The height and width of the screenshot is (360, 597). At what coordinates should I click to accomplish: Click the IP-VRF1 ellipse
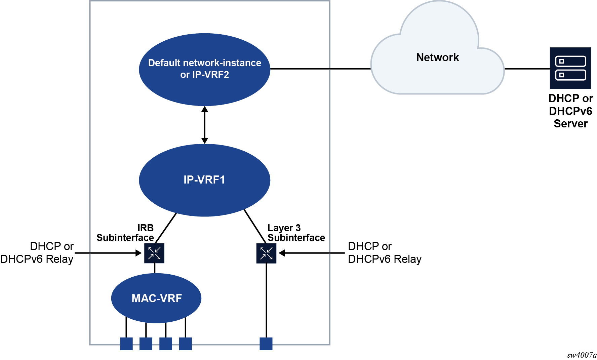(x=204, y=180)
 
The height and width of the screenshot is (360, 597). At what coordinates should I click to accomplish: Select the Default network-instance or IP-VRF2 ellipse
(x=204, y=69)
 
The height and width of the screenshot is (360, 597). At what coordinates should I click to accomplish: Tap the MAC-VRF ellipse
(x=156, y=298)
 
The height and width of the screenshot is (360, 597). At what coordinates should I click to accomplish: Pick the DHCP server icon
(x=570, y=68)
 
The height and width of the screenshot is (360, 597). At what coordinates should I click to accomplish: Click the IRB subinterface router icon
(x=154, y=253)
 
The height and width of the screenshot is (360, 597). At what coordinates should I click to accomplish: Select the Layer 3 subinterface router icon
(x=266, y=253)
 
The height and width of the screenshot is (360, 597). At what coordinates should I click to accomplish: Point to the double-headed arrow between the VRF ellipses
(x=204, y=125)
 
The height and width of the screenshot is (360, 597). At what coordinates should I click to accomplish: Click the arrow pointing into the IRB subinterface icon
(x=108, y=253)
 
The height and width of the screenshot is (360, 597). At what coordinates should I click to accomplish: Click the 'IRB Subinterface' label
(x=125, y=233)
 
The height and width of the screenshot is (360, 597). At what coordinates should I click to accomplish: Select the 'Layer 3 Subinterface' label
(x=296, y=233)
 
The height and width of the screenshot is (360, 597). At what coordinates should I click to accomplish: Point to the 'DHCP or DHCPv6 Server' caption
(x=570, y=111)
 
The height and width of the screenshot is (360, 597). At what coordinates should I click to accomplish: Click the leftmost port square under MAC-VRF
(x=126, y=344)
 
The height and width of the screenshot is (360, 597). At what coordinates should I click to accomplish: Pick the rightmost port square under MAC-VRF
(x=186, y=344)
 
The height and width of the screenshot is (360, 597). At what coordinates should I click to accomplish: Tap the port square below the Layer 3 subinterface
(x=266, y=344)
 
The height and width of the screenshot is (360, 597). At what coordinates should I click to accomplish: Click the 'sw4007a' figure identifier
(x=582, y=355)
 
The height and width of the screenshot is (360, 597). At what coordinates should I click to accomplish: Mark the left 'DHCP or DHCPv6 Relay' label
(x=37, y=253)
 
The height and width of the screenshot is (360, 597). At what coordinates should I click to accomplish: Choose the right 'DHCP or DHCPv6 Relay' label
(x=385, y=253)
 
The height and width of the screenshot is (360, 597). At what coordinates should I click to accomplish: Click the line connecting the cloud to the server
(x=527, y=69)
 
